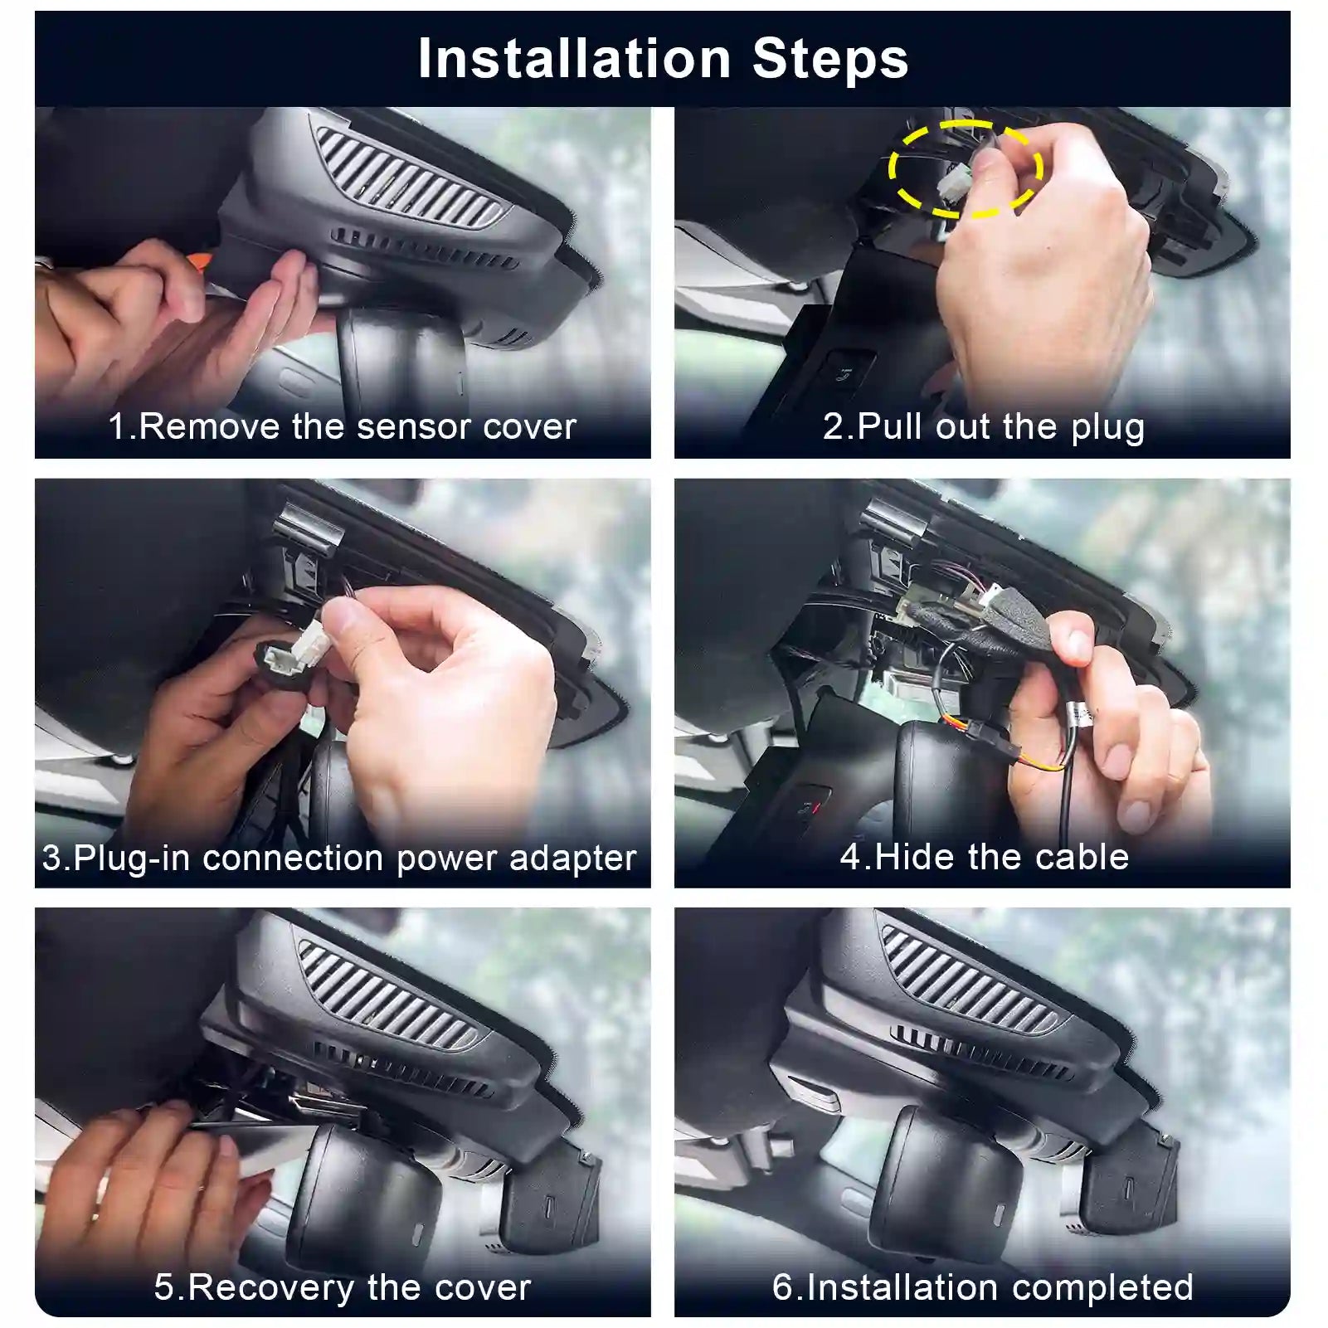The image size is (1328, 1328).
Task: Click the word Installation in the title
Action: click(x=574, y=59)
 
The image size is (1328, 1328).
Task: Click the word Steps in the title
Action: click(x=830, y=59)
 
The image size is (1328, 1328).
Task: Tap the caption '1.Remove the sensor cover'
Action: click(x=342, y=426)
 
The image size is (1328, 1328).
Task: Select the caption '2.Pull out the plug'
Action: click(x=984, y=426)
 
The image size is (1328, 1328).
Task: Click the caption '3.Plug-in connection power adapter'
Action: click(x=339, y=857)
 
